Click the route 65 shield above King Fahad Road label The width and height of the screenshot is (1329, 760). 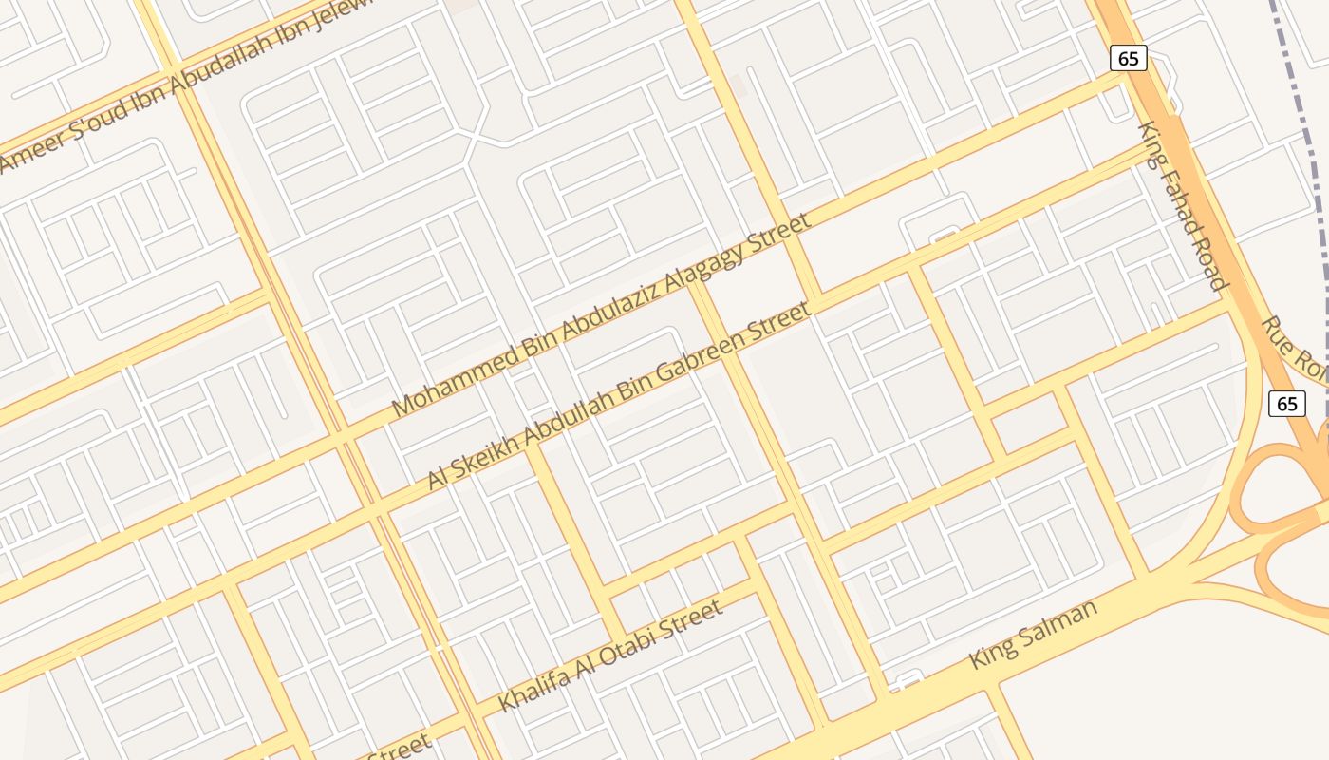pos(1128,58)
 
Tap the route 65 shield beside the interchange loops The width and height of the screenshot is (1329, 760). pos(1286,403)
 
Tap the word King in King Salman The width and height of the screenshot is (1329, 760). pos(989,655)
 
